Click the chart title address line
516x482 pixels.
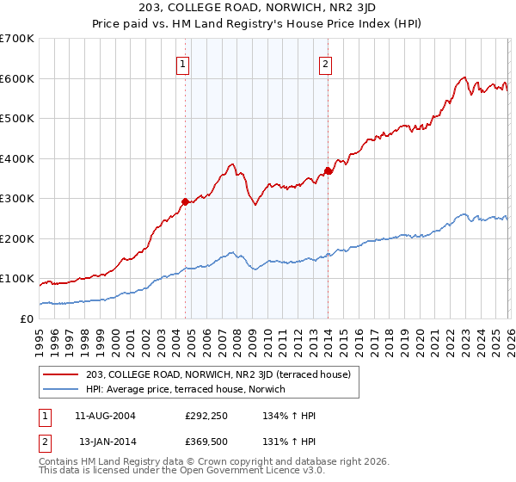click(258, 8)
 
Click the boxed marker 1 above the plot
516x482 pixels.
click(184, 63)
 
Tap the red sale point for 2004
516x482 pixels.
click(184, 201)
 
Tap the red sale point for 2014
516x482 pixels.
click(328, 171)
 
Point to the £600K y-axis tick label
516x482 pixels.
click(16, 78)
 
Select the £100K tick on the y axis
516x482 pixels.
click(16, 279)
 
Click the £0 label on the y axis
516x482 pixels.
click(26, 318)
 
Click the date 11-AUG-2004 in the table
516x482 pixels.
click(106, 416)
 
